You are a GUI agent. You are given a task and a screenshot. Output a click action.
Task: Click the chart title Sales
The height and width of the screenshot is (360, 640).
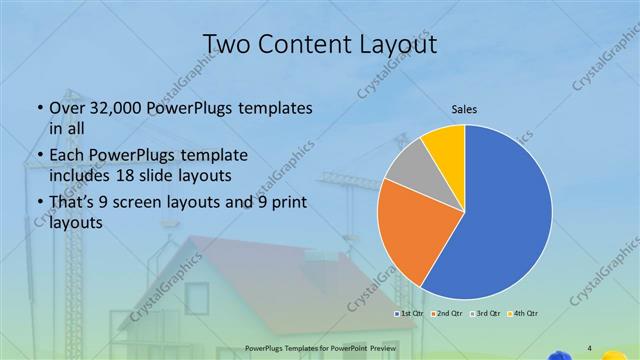point(464,108)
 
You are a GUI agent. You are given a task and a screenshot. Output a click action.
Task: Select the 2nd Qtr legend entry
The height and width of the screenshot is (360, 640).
point(446,315)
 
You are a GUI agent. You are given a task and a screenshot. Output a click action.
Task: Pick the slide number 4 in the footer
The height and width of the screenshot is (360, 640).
point(589,348)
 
